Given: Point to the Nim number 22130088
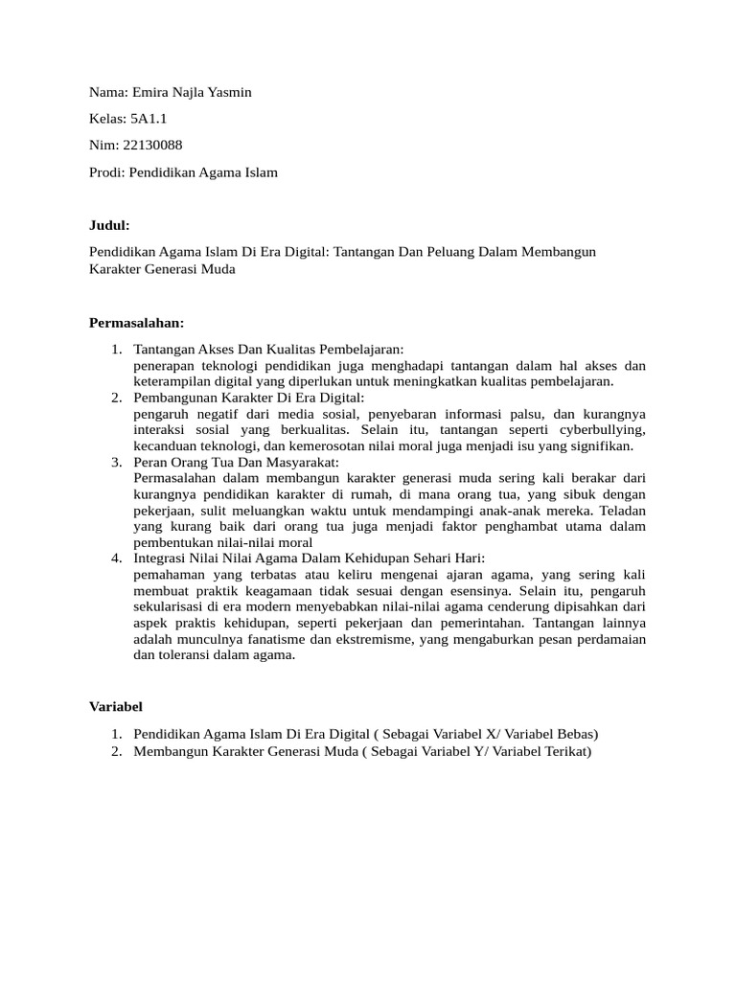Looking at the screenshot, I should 153,146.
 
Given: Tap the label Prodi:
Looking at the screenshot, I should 107,172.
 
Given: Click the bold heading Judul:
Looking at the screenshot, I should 108,225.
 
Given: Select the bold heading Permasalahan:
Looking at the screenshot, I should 136,322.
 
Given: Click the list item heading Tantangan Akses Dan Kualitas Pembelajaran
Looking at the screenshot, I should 268,350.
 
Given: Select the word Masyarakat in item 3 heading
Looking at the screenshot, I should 296,463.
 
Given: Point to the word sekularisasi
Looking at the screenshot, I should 175,607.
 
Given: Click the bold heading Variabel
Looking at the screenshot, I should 116,707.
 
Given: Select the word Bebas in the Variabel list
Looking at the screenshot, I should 572,734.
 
